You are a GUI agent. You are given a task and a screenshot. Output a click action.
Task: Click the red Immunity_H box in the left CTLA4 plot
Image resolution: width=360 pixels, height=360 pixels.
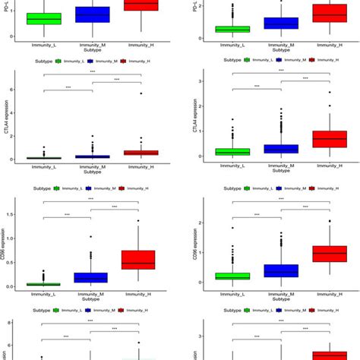coord(141,153)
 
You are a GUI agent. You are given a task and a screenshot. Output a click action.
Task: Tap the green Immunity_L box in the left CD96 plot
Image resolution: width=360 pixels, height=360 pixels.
coord(43,284)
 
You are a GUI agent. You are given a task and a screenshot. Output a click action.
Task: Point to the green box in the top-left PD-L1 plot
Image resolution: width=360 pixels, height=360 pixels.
coord(43,18)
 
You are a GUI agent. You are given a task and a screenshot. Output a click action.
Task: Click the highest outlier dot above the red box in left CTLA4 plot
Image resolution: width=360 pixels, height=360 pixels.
coord(141,93)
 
